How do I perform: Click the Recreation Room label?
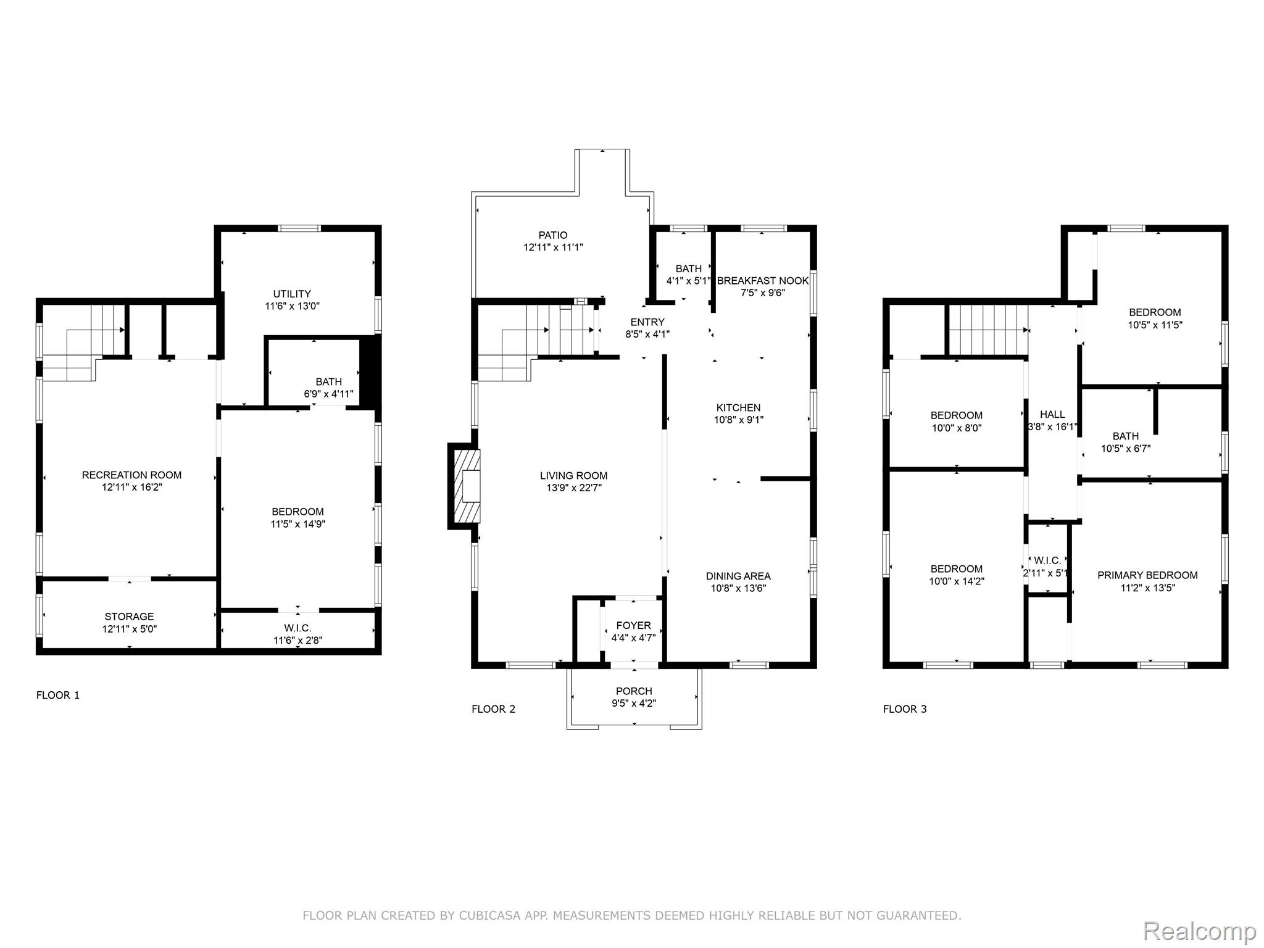click(x=131, y=475)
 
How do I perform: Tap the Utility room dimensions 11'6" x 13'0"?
click(x=292, y=306)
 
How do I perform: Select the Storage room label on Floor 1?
click(x=129, y=617)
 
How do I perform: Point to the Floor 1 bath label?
click(x=328, y=381)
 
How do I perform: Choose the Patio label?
click(x=553, y=235)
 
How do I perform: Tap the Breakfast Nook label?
click(x=763, y=281)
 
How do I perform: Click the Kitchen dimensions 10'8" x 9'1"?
click(x=738, y=420)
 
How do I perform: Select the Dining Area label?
click(x=738, y=576)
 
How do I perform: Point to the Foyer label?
click(x=633, y=625)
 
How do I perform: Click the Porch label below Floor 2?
click(x=634, y=691)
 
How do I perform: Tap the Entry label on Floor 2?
click(x=647, y=322)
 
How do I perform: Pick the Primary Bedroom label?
click(x=1147, y=575)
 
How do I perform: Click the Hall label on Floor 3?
click(x=1052, y=414)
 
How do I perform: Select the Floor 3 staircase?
click(x=987, y=331)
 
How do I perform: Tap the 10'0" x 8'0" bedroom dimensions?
click(x=957, y=428)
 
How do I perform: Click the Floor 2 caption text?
click(x=493, y=709)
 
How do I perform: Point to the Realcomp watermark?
click(x=1200, y=931)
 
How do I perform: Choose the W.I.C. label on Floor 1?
click(x=297, y=628)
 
